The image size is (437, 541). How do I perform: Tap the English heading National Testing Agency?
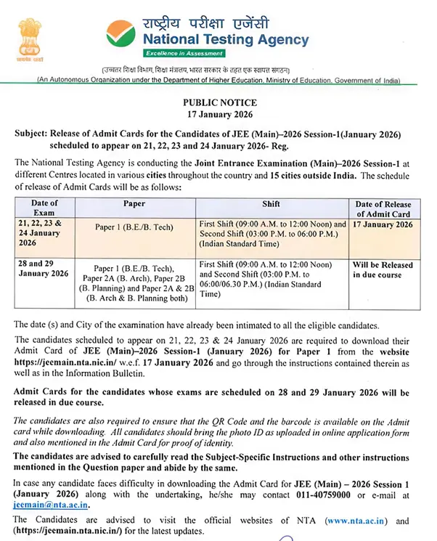click(x=225, y=41)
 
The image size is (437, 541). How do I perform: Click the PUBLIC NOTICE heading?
click(x=218, y=104)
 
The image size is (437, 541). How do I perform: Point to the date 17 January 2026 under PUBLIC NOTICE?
click(x=218, y=115)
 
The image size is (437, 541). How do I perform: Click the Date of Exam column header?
click(x=45, y=210)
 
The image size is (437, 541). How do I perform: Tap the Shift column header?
click(x=271, y=205)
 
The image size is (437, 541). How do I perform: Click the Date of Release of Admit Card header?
click(x=385, y=210)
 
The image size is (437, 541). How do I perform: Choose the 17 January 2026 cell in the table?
click(x=383, y=226)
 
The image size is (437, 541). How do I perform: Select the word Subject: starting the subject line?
click(x=34, y=135)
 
